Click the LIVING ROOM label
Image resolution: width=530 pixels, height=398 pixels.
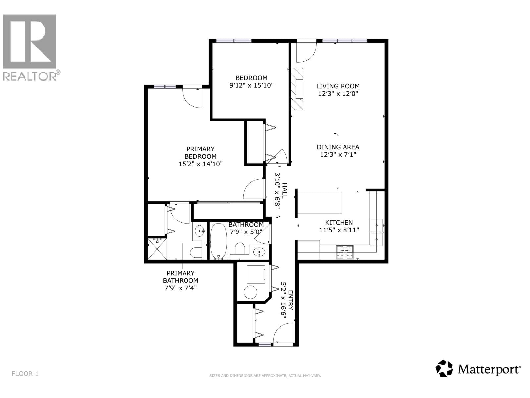pyautogui.click(x=338, y=86)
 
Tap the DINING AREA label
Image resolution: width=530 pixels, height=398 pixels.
pyautogui.click(x=338, y=147)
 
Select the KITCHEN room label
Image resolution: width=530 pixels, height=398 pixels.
pyautogui.click(x=339, y=222)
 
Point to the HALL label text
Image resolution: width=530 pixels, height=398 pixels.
pyautogui.click(x=285, y=191)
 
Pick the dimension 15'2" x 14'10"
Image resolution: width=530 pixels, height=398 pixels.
pyautogui.click(x=200, y=164)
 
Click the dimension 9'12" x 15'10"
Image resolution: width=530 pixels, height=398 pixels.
pyautogui.click(x=251, y=85)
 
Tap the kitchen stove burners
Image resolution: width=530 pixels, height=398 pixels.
pyautogui.click(x=345, y=252)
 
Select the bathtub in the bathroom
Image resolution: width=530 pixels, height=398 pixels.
pyautogui.click(x=219, y=241)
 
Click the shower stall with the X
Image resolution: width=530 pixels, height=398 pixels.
pyautogui.click(x=157, y=249)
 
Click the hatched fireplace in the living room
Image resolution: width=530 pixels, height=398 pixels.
pyautogui.click(x=297, y=89)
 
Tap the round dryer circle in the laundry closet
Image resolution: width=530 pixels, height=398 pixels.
pyautogui.click(x=250, y=292)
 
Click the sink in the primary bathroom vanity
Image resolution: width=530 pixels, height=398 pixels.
pyautogui.click(x=199, y=231)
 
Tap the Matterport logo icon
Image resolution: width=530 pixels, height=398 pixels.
pyautogui.click(x=444, y=368)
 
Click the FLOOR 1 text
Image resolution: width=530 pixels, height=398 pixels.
pyautogui.click(x=25, y=374)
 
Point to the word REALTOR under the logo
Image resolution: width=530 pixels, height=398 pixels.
pyautogui.click(x=30, y=76)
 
